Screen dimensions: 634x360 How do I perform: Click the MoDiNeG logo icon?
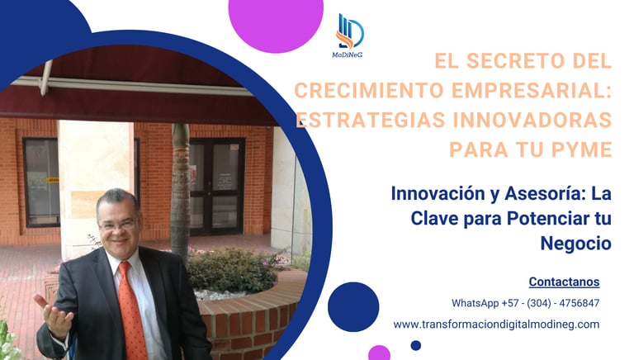click(350, 31)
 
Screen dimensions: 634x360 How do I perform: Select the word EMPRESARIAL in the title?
click(532, 90)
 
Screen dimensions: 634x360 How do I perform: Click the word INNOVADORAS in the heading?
click(532, 120)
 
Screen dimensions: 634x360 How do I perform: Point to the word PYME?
click(582, 149)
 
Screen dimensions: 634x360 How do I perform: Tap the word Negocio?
click(575, 244)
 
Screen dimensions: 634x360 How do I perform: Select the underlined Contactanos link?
click(564, 282)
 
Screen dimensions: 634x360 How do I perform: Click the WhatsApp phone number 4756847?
click(579, 303)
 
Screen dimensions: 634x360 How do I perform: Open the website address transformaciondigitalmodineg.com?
click(496, 324)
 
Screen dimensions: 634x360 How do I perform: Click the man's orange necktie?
click(132, 310)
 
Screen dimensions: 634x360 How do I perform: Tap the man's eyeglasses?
click(118, 224)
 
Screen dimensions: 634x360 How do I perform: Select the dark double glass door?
click(217, 187)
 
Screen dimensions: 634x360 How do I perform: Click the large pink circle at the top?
click(276, 22)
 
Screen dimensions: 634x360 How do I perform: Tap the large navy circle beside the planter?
click(353, 307)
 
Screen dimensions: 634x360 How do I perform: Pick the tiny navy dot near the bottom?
click(416, 345)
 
